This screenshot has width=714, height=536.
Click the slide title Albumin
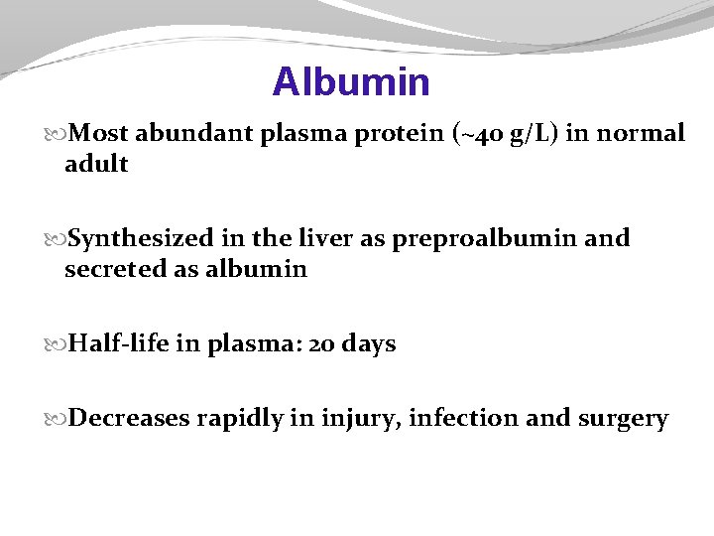tap(351, 81)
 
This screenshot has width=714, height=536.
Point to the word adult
tap(96, 164)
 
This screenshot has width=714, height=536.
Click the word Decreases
tap(130, 419)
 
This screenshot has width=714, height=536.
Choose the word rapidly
tap(241, 419)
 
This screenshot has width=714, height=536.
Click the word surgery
tap(623, 419)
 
